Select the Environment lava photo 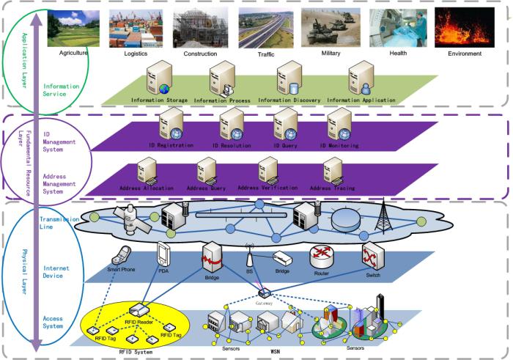(x=461, y=27)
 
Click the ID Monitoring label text (x=339, y=146)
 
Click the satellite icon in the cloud (x=130, y=213)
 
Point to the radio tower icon (x=380, y=212)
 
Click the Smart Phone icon (x=122, y=257)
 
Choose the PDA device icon (x=162, y=256)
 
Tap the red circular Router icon (x=321, y=255)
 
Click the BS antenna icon (x=249, y=258)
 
